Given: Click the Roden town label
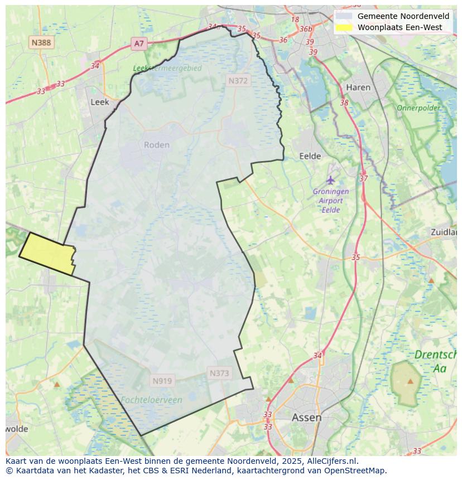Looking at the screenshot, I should coord(156,145).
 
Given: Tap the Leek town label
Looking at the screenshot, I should coord(99,102).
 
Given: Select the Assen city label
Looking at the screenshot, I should coord(306,417).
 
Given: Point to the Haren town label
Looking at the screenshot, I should coord(358,88).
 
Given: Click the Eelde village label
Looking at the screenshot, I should coord(310,156).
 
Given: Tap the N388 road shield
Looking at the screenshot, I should coord(42,42).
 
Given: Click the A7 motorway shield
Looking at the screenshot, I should coord(139,43).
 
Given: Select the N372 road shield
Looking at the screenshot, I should coord(238,81).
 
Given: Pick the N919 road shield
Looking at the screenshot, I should coord(162,381).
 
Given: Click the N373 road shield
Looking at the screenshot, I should coord(219,374).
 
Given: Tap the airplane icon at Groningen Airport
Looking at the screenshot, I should coord(330,180).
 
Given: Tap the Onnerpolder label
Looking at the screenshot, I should coord(418,108).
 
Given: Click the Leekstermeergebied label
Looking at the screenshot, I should coord(167,69).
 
